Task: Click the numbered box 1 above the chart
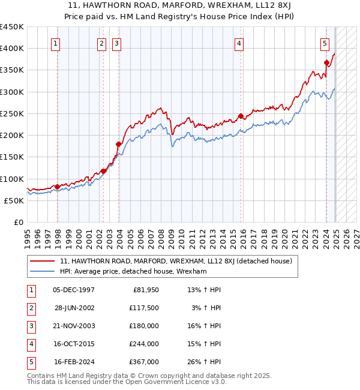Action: (x=55, y=43)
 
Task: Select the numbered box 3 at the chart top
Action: (x=116, y=43)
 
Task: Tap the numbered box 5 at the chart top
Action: (x=325, y=43)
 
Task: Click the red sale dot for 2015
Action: (x=241, y=116)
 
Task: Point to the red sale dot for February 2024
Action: (x=326, y=62)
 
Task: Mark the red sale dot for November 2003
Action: (x=119, y=144)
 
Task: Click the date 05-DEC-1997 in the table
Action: (x=74, y=290)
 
